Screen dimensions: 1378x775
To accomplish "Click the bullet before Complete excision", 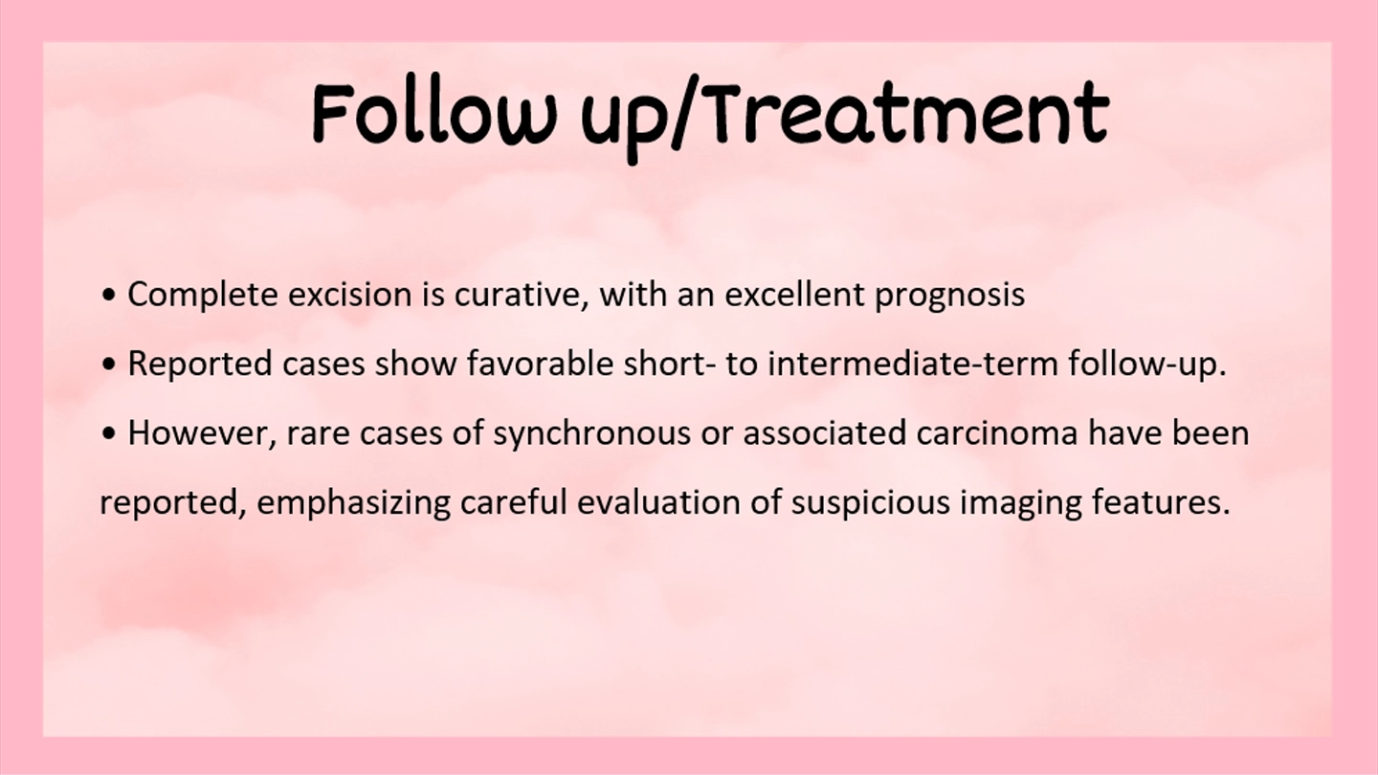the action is [109, 296].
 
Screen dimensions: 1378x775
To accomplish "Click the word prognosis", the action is [950, 296].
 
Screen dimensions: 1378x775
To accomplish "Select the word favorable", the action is [540, 364].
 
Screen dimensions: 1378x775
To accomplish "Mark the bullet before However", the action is [109, 434].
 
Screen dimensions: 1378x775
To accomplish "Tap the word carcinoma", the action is [996, 433].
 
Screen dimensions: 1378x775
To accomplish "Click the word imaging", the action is [1020, 503].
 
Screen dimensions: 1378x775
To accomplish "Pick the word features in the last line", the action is [1161, 502].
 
